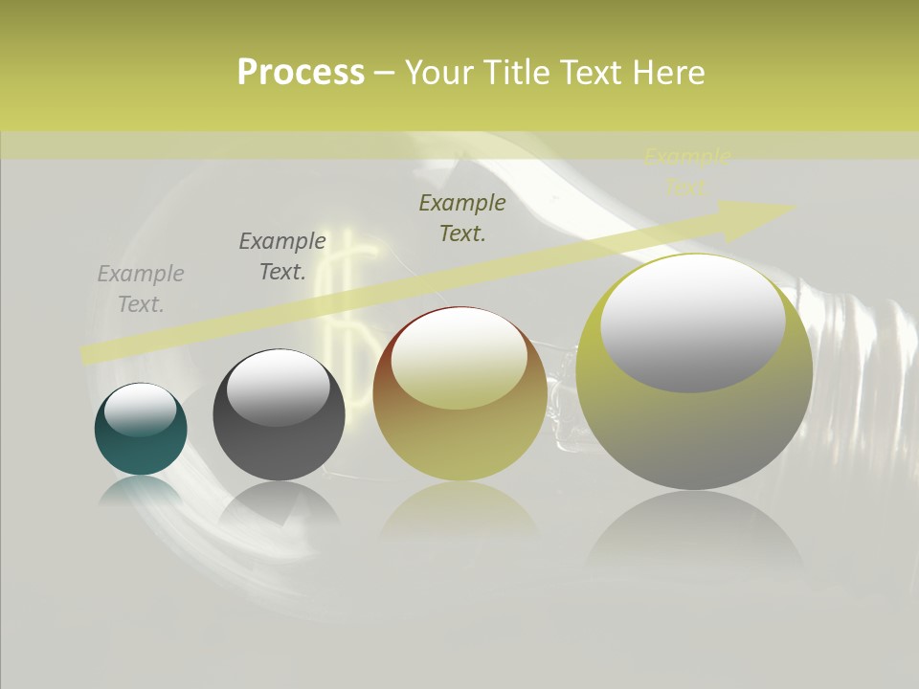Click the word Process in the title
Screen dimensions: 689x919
click(301, 73)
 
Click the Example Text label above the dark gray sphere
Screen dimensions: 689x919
click(282, 256)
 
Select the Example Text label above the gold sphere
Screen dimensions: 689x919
click(462, 218)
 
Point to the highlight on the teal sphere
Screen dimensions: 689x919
click(141, 410)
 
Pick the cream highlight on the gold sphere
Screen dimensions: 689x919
click(459, 360)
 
